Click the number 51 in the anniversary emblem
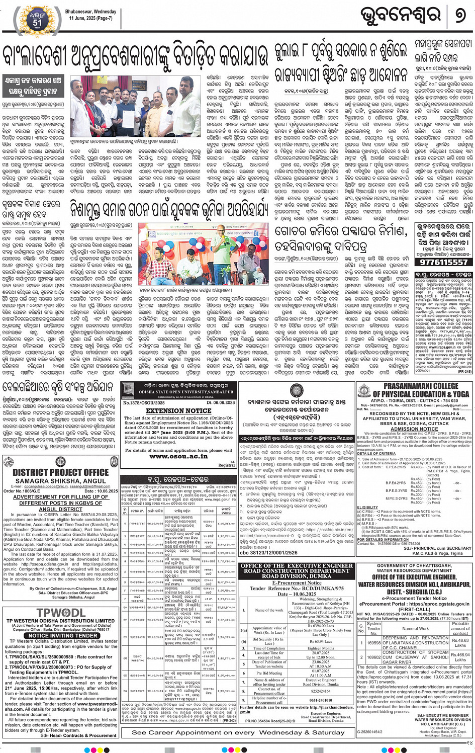[37, 22]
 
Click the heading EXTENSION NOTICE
[178, 410]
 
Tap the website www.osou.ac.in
[178, 456]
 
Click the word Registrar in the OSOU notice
[226, 465]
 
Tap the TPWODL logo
[61, 613]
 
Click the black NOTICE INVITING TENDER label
[63, 635]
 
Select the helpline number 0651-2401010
[321, 700]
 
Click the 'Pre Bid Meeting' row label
[269, 673]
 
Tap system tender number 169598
[374, 643]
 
